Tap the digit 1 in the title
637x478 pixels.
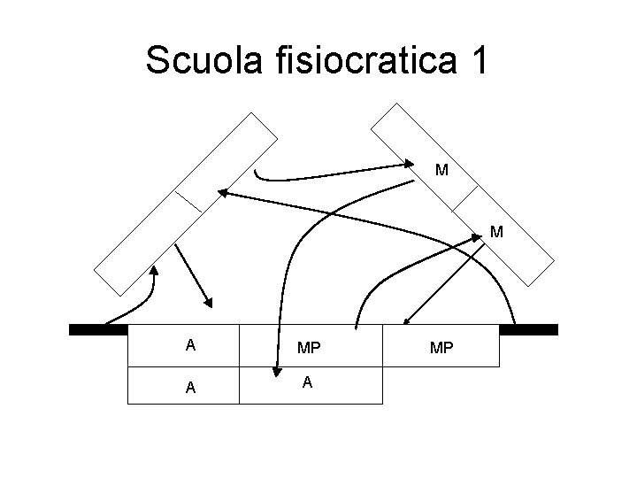[x=479, y=62]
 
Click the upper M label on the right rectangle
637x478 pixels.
[x=441, y=169]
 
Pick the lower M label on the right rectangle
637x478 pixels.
[x=496, y=233]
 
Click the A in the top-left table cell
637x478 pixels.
[x=190, y=345]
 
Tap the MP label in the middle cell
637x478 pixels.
[x=310, y=348]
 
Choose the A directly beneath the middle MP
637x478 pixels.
[x=306, y=382]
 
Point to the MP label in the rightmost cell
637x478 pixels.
[x=441, y=348]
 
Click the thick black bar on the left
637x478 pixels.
[x=98, y=329]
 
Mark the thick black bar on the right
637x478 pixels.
[x=528, y=329]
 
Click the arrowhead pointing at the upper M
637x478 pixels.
[x=408, y=164]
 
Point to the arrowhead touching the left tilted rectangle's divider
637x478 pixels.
[x=224, y=192]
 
